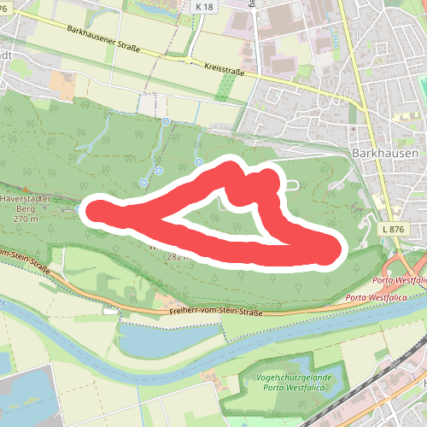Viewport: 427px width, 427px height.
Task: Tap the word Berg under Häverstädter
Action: tap(24, 208)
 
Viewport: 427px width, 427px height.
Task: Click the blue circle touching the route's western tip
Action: tap(79, 208)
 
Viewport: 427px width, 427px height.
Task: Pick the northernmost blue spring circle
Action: tap(166, 121)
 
